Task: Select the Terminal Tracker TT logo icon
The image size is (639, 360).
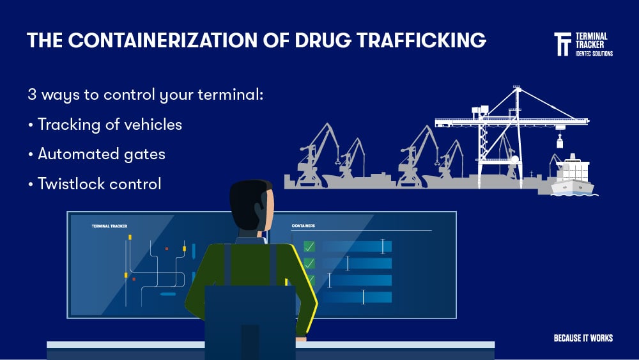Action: pos(562,44)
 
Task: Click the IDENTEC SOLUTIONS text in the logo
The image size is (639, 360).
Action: pos(594,53)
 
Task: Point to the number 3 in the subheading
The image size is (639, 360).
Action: pos(32,95)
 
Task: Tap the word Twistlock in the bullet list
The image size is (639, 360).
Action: pos(70,184)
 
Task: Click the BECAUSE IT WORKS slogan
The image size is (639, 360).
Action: pos(583,338)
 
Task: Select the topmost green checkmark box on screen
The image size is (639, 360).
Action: pos(309,246)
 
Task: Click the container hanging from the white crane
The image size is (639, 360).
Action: pos(560,141)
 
